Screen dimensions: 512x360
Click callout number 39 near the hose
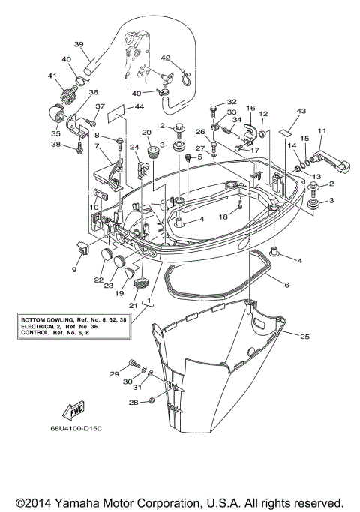pos(79,43)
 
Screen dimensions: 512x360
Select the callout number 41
pos(52,75)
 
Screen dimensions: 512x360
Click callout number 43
pos(301,110)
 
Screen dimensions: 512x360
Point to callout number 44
pos(139,108)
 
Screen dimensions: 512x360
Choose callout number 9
pos(75,268)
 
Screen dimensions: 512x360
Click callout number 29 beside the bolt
pos(114,373)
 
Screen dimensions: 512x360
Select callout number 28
pos(132,403)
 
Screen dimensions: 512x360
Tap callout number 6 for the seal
pos(286,285)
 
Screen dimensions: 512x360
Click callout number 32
pos(232,101)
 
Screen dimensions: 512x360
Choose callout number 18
pos(223,216)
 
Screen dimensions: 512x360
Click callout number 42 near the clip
pos(165,57)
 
